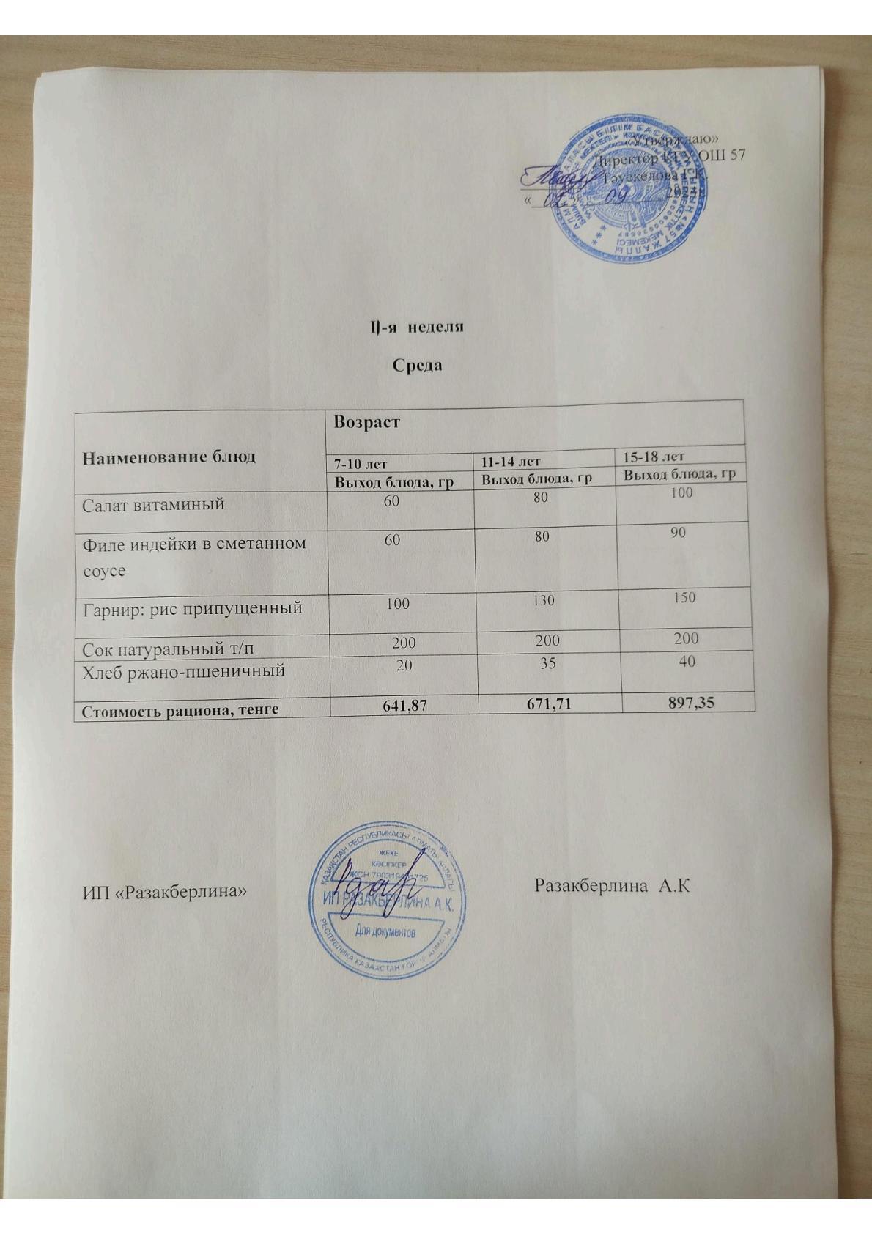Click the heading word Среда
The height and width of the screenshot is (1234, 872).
pos(417,364)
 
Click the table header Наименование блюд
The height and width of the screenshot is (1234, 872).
pos(169,457)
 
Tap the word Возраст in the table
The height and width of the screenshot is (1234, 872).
pos(366,422)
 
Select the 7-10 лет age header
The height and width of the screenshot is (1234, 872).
pos(361,463)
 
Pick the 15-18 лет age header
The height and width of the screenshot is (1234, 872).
pos(654,457)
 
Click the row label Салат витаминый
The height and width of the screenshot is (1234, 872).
pos(153,504)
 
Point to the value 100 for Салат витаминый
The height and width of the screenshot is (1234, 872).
pos(681,492)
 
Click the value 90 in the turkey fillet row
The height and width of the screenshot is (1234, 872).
pos(678,533)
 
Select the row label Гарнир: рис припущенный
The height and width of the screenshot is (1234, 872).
pos(192,607)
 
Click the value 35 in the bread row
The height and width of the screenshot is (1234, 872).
pos(547,662)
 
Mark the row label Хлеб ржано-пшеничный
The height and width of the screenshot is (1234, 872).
pos(183,670)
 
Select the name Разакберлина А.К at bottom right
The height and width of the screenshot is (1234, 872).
pos(613,886)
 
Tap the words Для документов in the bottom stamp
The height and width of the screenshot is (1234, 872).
pos(385,932)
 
